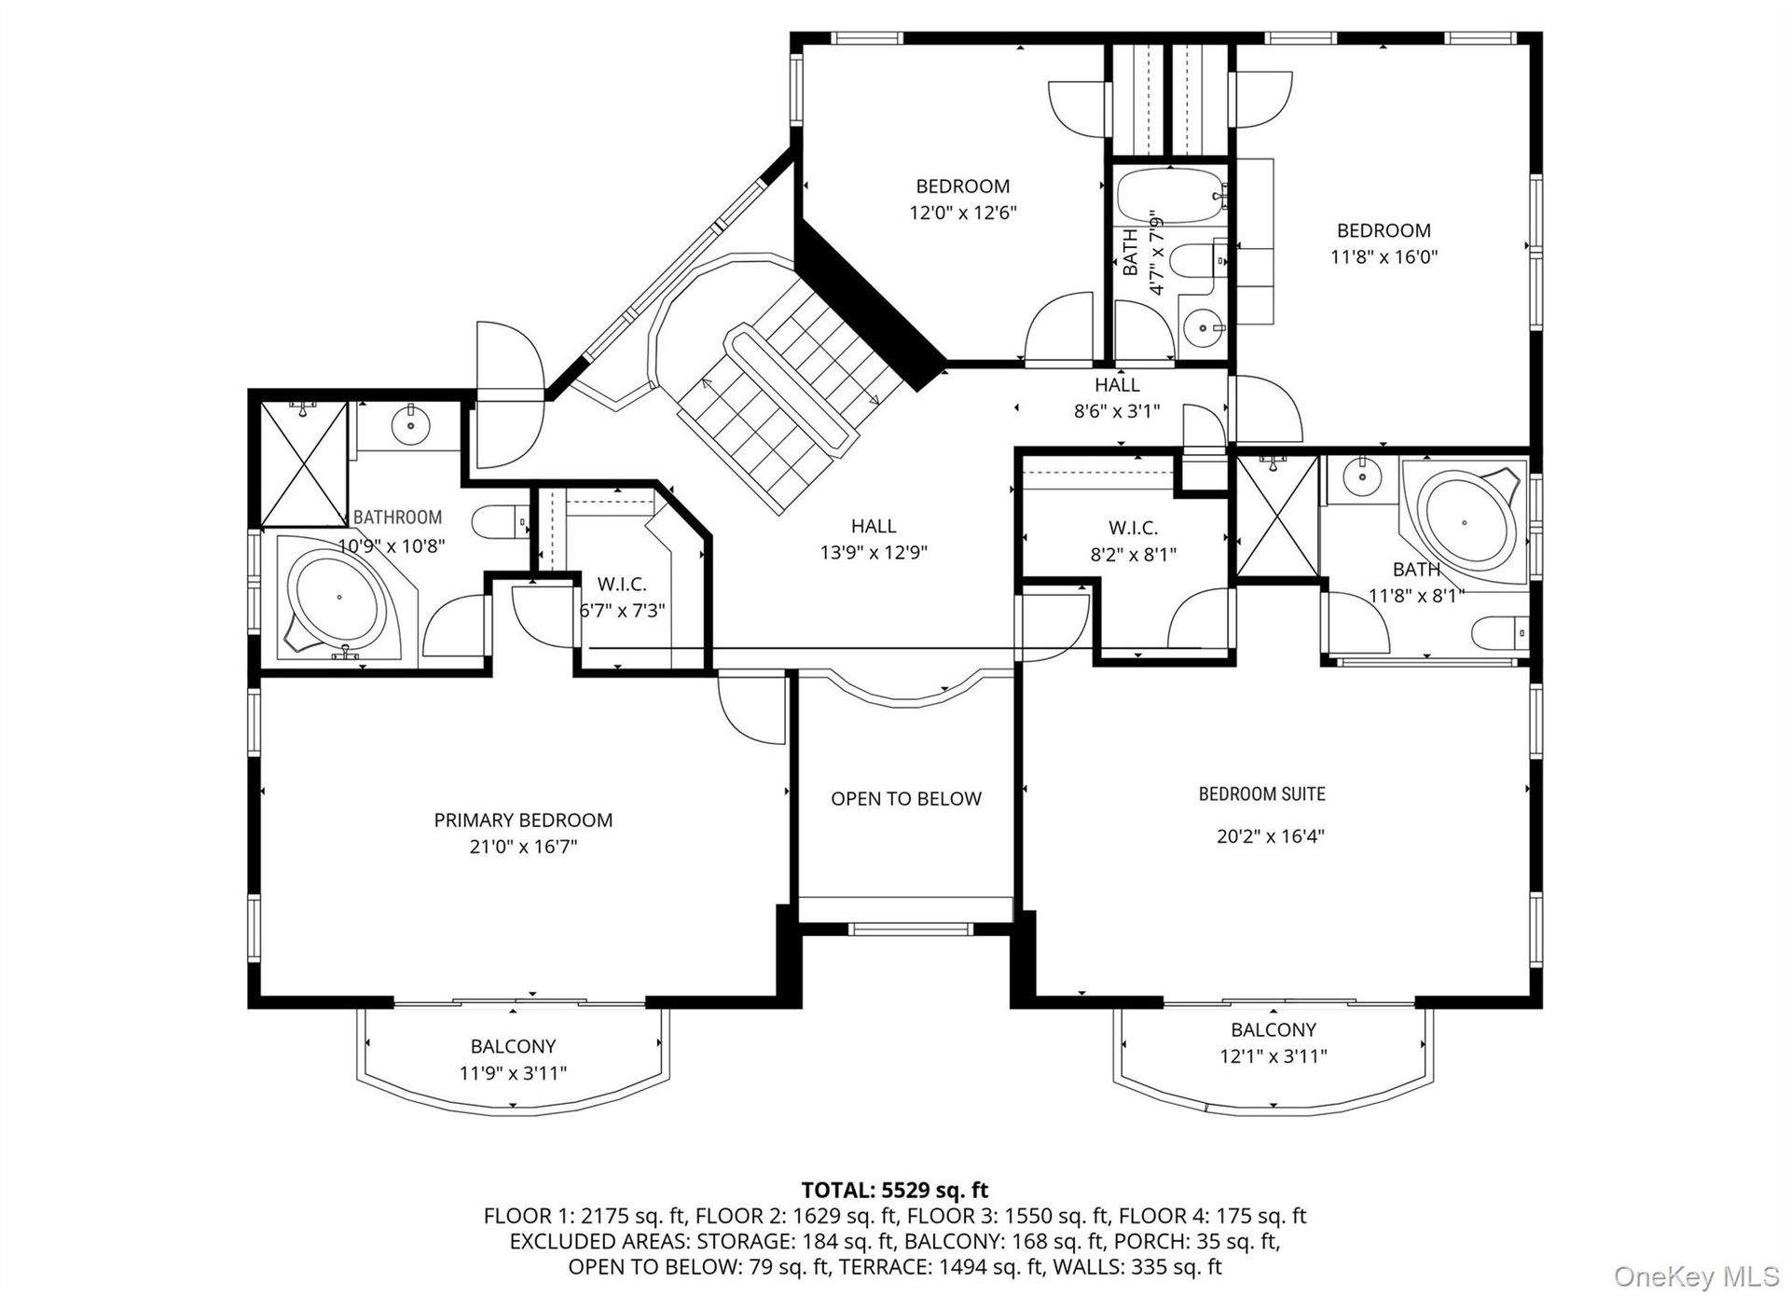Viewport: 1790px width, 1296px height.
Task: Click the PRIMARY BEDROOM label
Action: (x=523, y=820)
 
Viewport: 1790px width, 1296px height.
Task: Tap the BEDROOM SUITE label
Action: (x=1261, y=794)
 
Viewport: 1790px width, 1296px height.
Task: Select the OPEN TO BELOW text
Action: (x=906, y=799)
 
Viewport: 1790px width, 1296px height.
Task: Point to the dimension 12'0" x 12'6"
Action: (x=963, y=213)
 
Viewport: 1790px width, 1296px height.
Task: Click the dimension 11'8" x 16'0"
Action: (x=1384, y=256)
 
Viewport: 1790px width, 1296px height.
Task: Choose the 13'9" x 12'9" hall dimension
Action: (x=874, y=553)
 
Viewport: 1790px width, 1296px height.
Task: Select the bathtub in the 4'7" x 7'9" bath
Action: (x=1170, y=195)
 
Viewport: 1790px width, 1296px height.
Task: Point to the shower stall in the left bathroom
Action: (x=304, y=463)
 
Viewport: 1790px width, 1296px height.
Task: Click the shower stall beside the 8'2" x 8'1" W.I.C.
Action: (x=1277, y=516)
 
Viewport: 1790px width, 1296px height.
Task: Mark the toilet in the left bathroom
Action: (x=500, y=522)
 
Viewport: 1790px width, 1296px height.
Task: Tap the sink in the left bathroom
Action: (x=409, y=426)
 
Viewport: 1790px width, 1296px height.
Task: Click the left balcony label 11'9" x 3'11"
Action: (x=513, y=1073)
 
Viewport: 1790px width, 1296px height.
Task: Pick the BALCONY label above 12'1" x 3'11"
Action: (x=1274, y=1030)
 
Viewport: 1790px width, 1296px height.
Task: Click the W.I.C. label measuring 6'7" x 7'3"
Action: (x=622, y=585)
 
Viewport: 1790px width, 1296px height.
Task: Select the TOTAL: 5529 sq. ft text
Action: (x=895, y=1190)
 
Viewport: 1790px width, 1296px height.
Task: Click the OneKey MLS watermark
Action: (x=1696, y=1277)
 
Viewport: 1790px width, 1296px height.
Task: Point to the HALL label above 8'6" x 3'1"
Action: (x=1117, y=385)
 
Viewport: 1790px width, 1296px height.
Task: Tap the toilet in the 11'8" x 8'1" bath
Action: (x=1500, y=634)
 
